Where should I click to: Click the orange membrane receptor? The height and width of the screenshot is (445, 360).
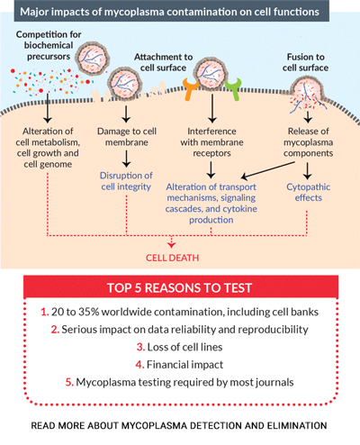190,89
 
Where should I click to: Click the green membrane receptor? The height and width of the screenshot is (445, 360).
234,89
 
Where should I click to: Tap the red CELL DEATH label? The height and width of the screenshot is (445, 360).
172,258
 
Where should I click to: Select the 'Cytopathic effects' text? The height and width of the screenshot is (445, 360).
308,192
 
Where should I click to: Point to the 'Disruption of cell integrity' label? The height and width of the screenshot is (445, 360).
126,181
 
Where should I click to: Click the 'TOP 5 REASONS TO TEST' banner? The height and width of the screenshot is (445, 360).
181,287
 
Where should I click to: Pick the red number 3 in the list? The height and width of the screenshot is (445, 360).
140,347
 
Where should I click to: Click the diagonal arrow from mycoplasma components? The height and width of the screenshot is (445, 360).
267,170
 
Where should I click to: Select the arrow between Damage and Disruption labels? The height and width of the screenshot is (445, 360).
126,159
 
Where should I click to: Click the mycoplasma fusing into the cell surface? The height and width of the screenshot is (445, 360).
307,92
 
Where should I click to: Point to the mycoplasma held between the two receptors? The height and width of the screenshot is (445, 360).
211,74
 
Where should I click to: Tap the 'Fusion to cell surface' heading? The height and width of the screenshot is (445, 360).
305,62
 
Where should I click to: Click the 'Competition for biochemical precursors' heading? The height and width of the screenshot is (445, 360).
49,45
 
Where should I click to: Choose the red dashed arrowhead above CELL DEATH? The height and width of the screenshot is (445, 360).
171,245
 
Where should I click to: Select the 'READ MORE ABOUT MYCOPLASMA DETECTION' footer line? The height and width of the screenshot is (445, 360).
179,425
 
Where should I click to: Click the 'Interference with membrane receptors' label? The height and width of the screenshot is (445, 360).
211,142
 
